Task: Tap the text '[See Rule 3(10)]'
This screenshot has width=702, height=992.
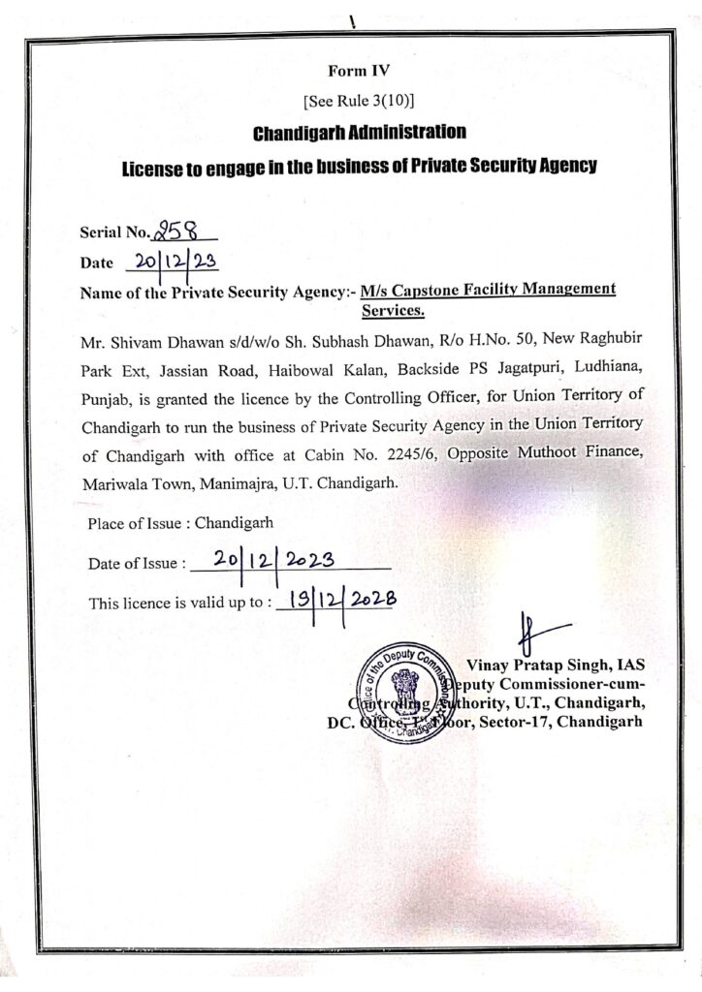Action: point(360,100)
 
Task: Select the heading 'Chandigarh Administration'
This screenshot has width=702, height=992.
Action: point(360,131)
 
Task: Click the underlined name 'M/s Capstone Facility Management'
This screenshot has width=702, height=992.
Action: point(488,290)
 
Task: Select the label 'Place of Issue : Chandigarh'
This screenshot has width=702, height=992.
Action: point(180,523)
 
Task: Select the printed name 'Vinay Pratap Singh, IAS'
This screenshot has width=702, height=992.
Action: point(556,666)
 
